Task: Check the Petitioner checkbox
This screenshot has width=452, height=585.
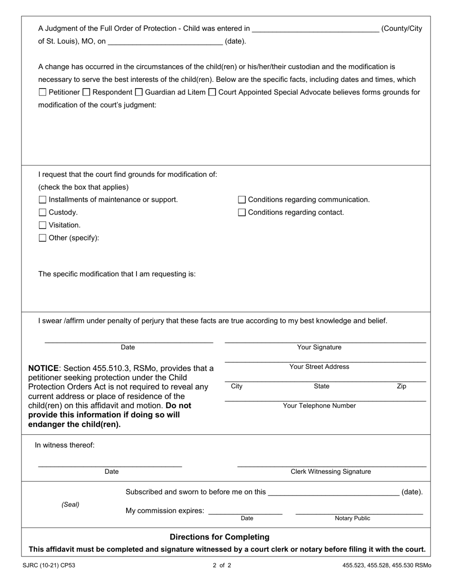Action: point(42,92)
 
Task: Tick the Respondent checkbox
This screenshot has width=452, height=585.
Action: point(86,92)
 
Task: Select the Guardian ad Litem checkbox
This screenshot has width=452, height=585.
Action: point(138,92)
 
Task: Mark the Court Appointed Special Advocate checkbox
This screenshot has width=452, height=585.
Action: point(212,92)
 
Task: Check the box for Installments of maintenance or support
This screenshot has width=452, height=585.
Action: point(42,200)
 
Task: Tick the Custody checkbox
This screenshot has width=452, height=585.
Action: point(42,213)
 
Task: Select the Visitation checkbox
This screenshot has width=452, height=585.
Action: point(42,225)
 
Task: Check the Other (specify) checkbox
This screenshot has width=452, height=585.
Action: point(42,238)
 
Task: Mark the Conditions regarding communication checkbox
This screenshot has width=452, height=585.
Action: point(242,200)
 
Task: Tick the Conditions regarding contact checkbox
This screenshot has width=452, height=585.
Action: point(242,213)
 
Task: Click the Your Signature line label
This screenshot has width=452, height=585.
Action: point(319,347)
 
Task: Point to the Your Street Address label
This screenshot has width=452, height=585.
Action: point(319,367)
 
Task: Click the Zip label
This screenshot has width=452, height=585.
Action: point(401,386)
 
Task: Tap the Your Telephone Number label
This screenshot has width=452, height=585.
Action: point(319,406)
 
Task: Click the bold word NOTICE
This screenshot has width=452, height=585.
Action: point(43,368)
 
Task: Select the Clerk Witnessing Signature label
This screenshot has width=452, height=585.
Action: point(331,471)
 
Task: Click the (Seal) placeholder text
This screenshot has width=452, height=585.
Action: point(70,504)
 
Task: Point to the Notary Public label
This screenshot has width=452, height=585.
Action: point(352,518)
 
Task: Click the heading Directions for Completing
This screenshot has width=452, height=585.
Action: point(219,537)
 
